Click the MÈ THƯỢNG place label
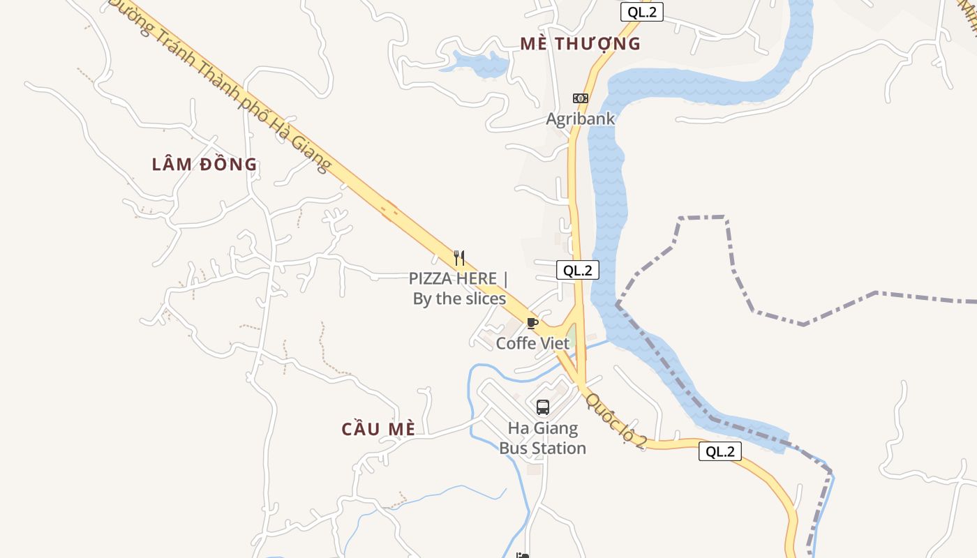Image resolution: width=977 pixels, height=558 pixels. tap(580, 43)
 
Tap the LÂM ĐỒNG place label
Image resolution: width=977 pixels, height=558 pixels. tap(204, 165)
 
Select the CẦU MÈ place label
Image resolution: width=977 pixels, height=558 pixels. tap(378, 429)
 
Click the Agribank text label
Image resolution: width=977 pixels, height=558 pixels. tap(581, 119)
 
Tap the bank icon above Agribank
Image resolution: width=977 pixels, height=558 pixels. tap(580, 98)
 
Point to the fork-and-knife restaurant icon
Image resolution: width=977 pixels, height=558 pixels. tap(459, 258)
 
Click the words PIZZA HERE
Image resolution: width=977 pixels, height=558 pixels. tap(453, 278)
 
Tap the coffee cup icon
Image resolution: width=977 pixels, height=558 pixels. tap(532, 323)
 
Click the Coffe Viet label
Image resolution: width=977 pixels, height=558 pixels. tap(532, 343)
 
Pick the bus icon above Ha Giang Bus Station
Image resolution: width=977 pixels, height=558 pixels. tap(542, 407)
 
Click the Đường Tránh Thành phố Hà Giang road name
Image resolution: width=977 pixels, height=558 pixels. tap(220, 84)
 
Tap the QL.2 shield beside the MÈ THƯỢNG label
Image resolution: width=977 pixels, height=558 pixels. tap(641, 12)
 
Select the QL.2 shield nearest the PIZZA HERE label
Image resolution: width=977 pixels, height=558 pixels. tap(578, 271)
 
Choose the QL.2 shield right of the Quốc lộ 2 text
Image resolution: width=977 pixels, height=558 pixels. tap(719, 451)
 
